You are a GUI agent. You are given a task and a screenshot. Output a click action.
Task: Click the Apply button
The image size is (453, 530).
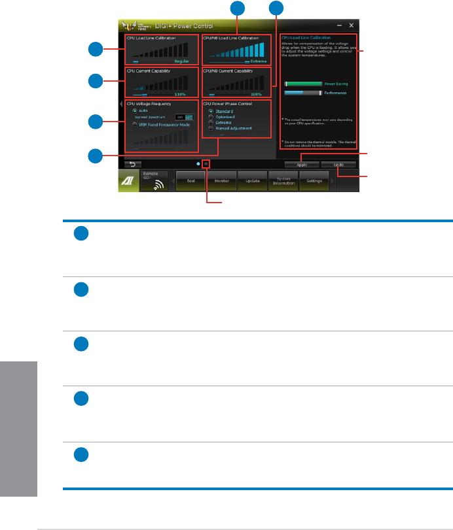302,165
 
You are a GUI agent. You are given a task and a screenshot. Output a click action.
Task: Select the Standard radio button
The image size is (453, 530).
211,111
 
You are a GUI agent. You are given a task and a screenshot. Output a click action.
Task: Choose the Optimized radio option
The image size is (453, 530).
211,117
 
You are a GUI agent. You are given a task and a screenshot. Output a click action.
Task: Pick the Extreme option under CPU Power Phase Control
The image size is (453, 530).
211,123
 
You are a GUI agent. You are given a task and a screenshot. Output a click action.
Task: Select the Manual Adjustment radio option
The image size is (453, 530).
211,129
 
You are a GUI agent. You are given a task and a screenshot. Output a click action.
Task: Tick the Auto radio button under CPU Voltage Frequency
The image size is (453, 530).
134,110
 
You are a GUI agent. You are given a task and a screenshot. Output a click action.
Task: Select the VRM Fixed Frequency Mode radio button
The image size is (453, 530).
134,124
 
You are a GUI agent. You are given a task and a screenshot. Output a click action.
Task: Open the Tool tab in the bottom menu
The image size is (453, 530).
190,180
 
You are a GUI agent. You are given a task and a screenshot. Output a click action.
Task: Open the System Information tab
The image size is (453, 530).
282,182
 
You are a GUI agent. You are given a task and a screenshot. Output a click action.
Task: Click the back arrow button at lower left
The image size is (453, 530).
131,165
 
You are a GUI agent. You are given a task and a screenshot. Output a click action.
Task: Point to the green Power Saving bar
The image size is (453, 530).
304,84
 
